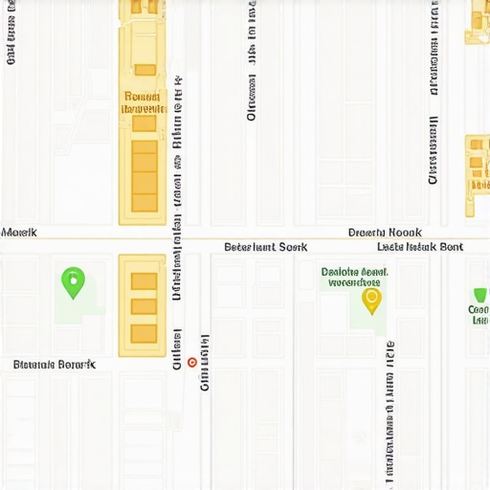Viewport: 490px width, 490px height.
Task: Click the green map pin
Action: coord(73,281)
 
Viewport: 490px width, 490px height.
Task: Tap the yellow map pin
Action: coord(371,300)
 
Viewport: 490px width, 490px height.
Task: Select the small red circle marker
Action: coord(192,363)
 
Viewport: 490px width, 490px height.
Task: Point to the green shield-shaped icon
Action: coord(480,296)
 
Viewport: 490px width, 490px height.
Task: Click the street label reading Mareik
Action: coord(19,233)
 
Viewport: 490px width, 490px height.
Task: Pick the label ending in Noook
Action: coord(385,233)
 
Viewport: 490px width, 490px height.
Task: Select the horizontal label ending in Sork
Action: coord(266,247)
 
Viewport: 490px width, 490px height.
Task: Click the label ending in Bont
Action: coord(420,247)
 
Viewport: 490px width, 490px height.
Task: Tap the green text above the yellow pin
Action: coord(354,277)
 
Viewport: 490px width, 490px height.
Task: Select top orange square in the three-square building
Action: coord(144,280)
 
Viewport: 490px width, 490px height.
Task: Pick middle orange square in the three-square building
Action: coord(144,306)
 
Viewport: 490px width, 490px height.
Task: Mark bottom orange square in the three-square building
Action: coord(144,332)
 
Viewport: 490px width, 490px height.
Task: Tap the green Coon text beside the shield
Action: coord(479,315)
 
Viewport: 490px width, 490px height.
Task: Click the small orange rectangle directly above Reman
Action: coord(145,70)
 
